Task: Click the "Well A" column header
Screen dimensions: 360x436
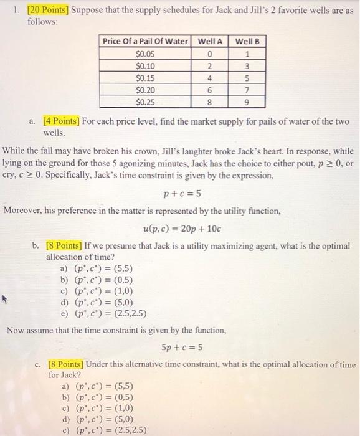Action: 211,41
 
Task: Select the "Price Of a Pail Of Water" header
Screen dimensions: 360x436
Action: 145,41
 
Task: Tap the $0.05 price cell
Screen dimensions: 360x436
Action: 145,53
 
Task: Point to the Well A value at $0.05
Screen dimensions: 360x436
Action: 211,53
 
